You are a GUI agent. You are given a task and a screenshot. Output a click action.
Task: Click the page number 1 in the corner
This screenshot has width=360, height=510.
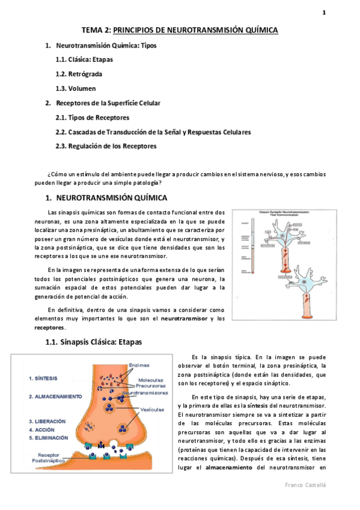(324, 13)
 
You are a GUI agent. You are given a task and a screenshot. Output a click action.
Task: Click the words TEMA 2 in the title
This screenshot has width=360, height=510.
(96, 29)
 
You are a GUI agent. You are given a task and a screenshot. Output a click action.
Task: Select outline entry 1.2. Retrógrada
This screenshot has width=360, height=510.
(78, 74)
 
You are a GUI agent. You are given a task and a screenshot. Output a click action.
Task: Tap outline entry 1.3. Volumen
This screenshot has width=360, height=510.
(75, 88)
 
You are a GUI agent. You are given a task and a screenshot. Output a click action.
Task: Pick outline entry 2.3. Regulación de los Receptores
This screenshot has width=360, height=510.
(105, 146)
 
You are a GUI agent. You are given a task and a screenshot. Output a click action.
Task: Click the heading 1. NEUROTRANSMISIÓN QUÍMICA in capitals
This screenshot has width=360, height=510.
(106, 197)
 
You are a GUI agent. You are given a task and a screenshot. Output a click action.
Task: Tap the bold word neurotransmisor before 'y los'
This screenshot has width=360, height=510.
(185, 318)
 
